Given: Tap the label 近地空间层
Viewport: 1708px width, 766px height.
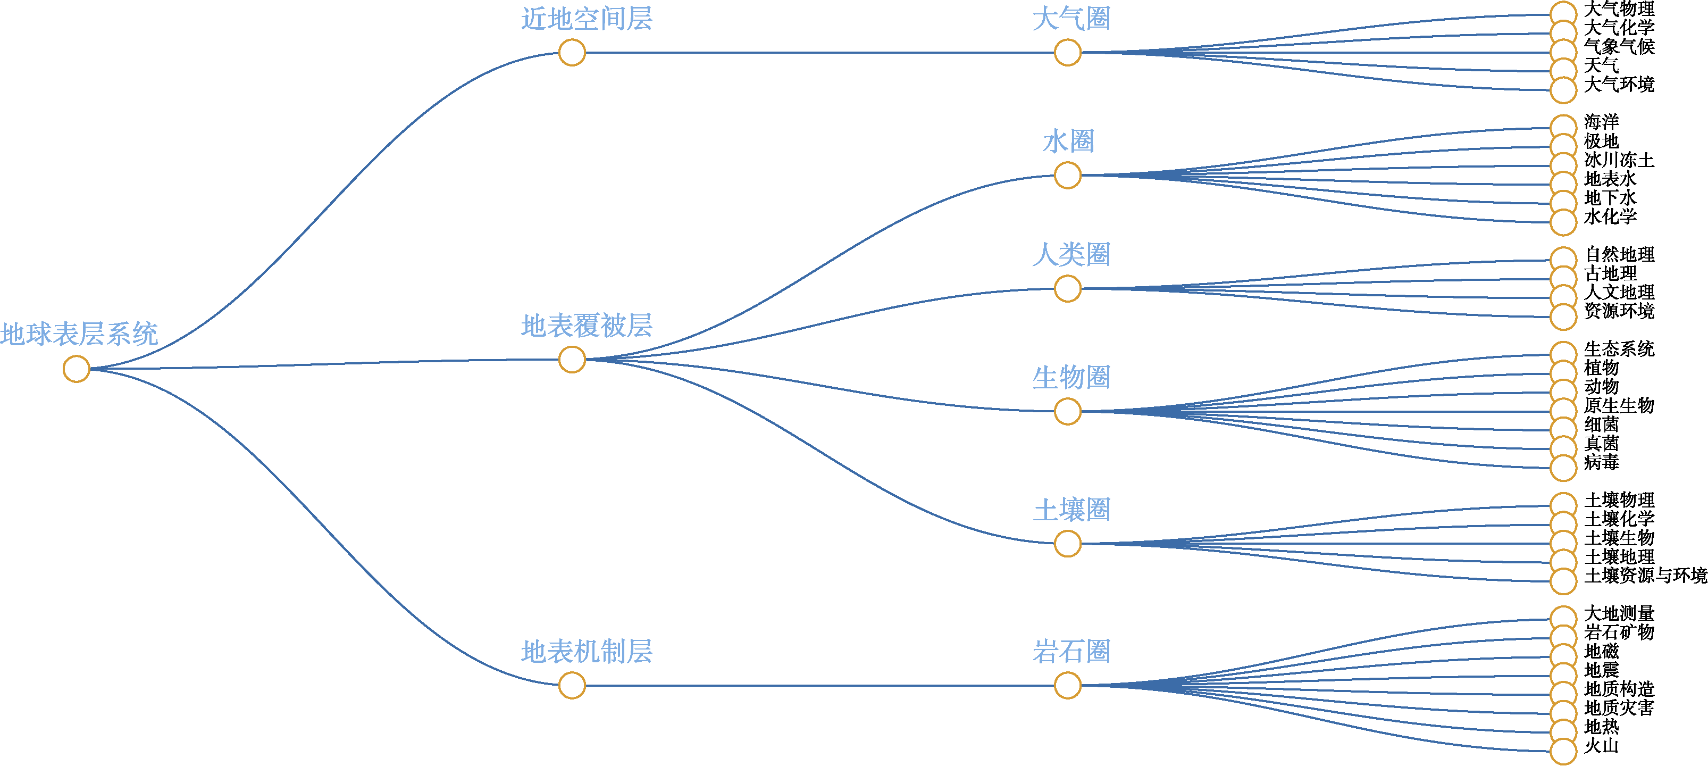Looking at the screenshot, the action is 587,19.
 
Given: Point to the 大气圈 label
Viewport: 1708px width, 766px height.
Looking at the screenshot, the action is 1071,19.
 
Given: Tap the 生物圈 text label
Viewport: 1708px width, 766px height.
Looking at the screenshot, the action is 1071,377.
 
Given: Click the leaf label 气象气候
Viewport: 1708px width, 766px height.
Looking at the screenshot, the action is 1619,46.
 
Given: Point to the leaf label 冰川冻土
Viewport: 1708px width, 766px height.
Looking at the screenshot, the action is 1619,160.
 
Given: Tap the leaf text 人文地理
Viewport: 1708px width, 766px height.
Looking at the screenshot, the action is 1619,292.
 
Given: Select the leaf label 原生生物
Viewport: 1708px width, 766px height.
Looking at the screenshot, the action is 1619,405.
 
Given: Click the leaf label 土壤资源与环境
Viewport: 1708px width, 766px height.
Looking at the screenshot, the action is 1646,575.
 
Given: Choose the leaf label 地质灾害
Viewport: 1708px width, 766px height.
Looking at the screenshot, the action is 1619,707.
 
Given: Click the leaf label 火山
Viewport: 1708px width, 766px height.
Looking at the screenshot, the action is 1601,745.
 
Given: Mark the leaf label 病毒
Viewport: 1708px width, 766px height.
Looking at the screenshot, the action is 1601,462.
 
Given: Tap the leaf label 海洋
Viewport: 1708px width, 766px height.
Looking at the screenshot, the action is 1601,122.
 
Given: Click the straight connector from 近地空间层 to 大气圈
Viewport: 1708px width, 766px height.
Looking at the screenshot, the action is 819,52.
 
